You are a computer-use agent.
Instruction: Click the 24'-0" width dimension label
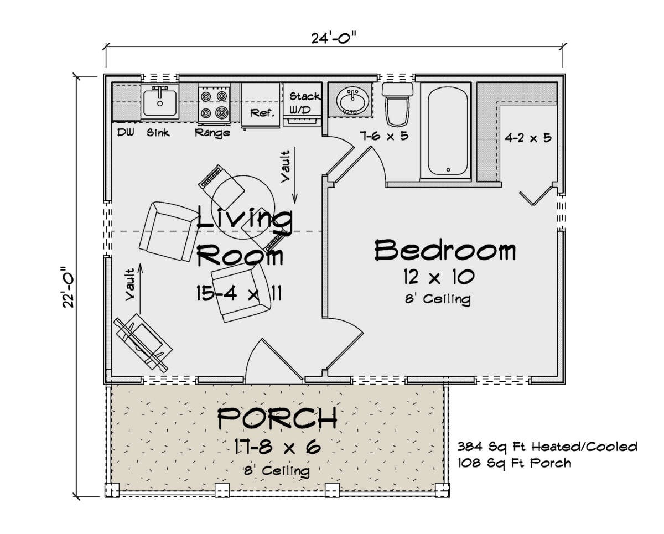(x=333, y=38)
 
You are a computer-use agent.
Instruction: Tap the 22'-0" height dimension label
(x=69, y=287)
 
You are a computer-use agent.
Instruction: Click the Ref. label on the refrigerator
(x=262, y=113)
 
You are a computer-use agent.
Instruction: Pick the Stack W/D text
(x=304, y=103)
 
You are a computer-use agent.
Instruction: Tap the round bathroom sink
(x=352, y=100)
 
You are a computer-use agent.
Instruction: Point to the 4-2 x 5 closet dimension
(x=528, y=138)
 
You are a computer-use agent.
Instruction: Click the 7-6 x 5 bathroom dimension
(x=384, y=136)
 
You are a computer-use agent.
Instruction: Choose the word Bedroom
(x=445, y=250)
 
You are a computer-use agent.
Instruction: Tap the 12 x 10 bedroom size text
(x=439, y=277)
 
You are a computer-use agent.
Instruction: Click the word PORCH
(x=277, y=418)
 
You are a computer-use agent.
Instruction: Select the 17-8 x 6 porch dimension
(x=277, y=447)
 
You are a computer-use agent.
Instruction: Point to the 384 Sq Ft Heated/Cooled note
(x=547, y=447)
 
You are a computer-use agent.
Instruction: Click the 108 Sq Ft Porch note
(x=515, y=463)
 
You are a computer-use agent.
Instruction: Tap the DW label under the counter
(x=126, y=133)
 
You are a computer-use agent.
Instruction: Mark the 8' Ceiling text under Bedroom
(x=438, y=299)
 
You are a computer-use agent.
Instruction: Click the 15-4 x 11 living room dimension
(x=239, y=293)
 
